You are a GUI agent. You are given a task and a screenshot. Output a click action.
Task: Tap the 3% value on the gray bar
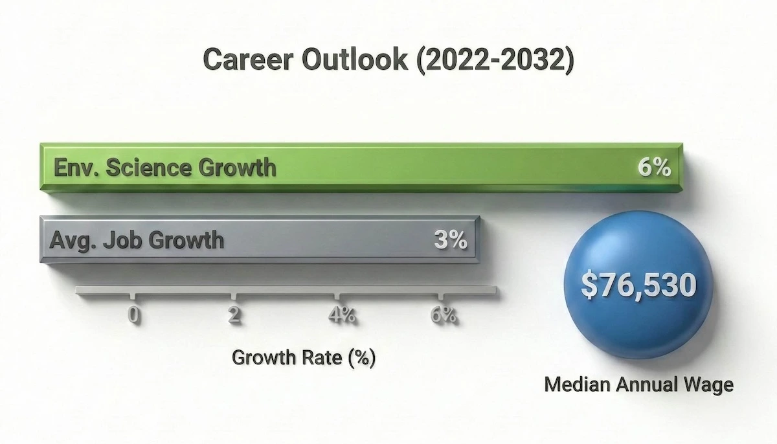click(x=449, y=241)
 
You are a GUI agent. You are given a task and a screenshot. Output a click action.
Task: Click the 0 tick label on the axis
click(x=133, y=315)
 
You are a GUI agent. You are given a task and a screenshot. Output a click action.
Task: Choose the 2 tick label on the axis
click(x=234, y=315)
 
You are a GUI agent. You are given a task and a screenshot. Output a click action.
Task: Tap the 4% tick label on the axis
click(x=341, y=315)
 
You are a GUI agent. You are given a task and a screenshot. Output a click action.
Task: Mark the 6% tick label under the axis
click(x=444, y=315)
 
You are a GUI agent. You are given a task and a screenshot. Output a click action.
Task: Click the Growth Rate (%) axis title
click(x=303, y=357)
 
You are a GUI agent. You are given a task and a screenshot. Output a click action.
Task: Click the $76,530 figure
click(x=638, y=285)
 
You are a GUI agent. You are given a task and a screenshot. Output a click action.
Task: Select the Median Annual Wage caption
click(x=638, y=384)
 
